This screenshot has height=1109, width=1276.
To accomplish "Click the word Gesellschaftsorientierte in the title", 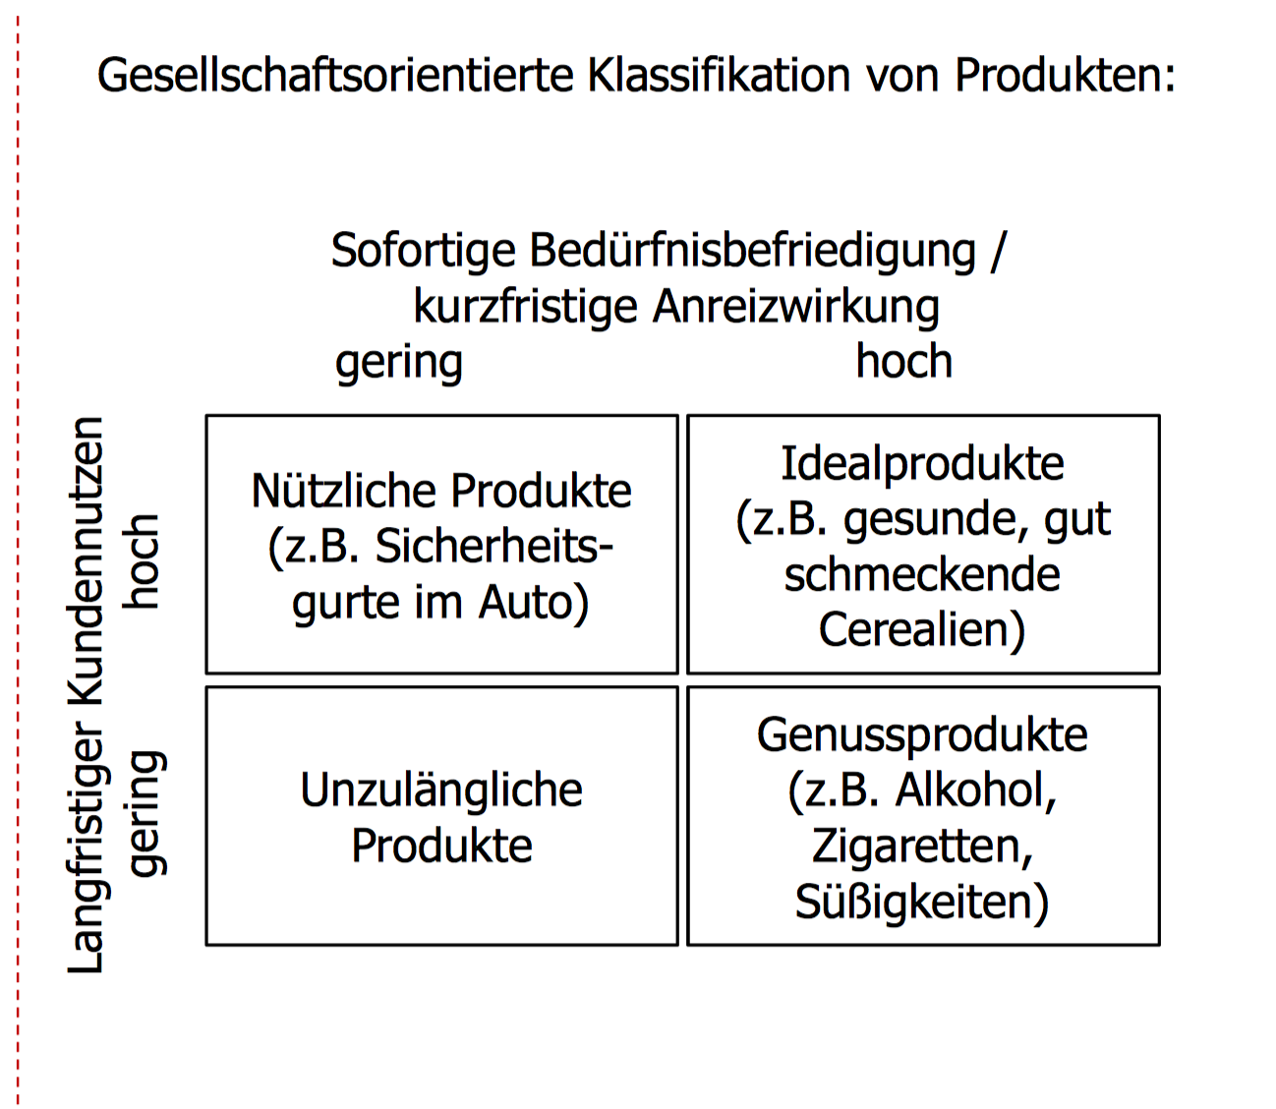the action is (x=335, y=76).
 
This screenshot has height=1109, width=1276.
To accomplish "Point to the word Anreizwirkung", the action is (x=796, y=307).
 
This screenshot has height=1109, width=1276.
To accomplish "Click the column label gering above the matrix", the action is (x=399, y=363).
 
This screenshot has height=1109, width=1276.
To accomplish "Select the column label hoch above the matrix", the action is (x=903, y=362).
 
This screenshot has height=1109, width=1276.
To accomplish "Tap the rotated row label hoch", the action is (x=142, y=560).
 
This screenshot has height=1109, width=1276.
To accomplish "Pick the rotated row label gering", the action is (x=145, y=813).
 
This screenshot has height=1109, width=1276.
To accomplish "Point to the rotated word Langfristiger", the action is (x=87, y=850).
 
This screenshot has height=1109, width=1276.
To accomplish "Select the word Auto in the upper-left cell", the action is (x=534, y=603).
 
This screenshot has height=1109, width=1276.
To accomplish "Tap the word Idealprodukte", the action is (x=922, y=464).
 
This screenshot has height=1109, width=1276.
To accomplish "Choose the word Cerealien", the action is (x=922, y=630).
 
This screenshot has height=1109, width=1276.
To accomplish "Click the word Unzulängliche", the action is (x=441, y=790).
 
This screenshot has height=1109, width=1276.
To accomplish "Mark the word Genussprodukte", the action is (x=922, y=736).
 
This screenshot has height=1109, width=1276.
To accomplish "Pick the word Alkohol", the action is (x=974, y=790).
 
